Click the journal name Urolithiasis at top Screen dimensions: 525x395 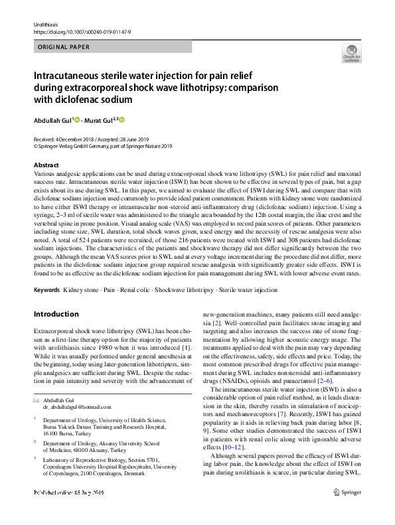46,25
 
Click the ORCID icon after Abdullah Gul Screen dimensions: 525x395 78,120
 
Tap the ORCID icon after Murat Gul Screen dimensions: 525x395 121,120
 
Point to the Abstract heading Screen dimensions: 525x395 46,165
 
